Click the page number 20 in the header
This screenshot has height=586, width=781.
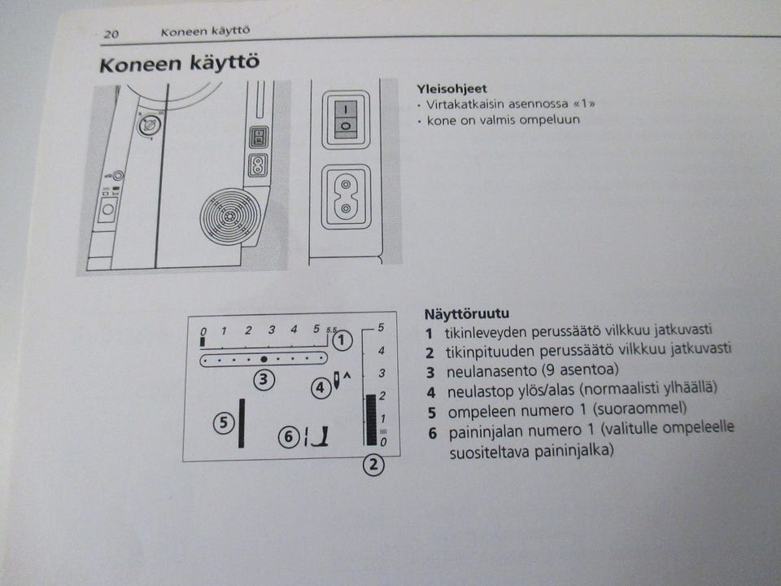click(111, 34)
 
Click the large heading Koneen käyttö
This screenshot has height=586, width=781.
click(180, 64)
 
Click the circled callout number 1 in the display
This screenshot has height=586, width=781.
click(343, 340)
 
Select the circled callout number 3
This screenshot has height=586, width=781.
click(262, 378)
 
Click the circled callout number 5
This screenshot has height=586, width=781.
click(225, 422)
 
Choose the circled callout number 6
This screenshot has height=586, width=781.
click(287, 437)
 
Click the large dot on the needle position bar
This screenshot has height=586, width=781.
click(264, 358)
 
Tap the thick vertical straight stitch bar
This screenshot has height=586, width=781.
click(242, 423)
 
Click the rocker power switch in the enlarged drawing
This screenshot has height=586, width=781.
click(346, 119)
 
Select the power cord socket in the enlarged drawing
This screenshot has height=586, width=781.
click(346, 198)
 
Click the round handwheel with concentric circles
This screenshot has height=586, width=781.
click(230, 217)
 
